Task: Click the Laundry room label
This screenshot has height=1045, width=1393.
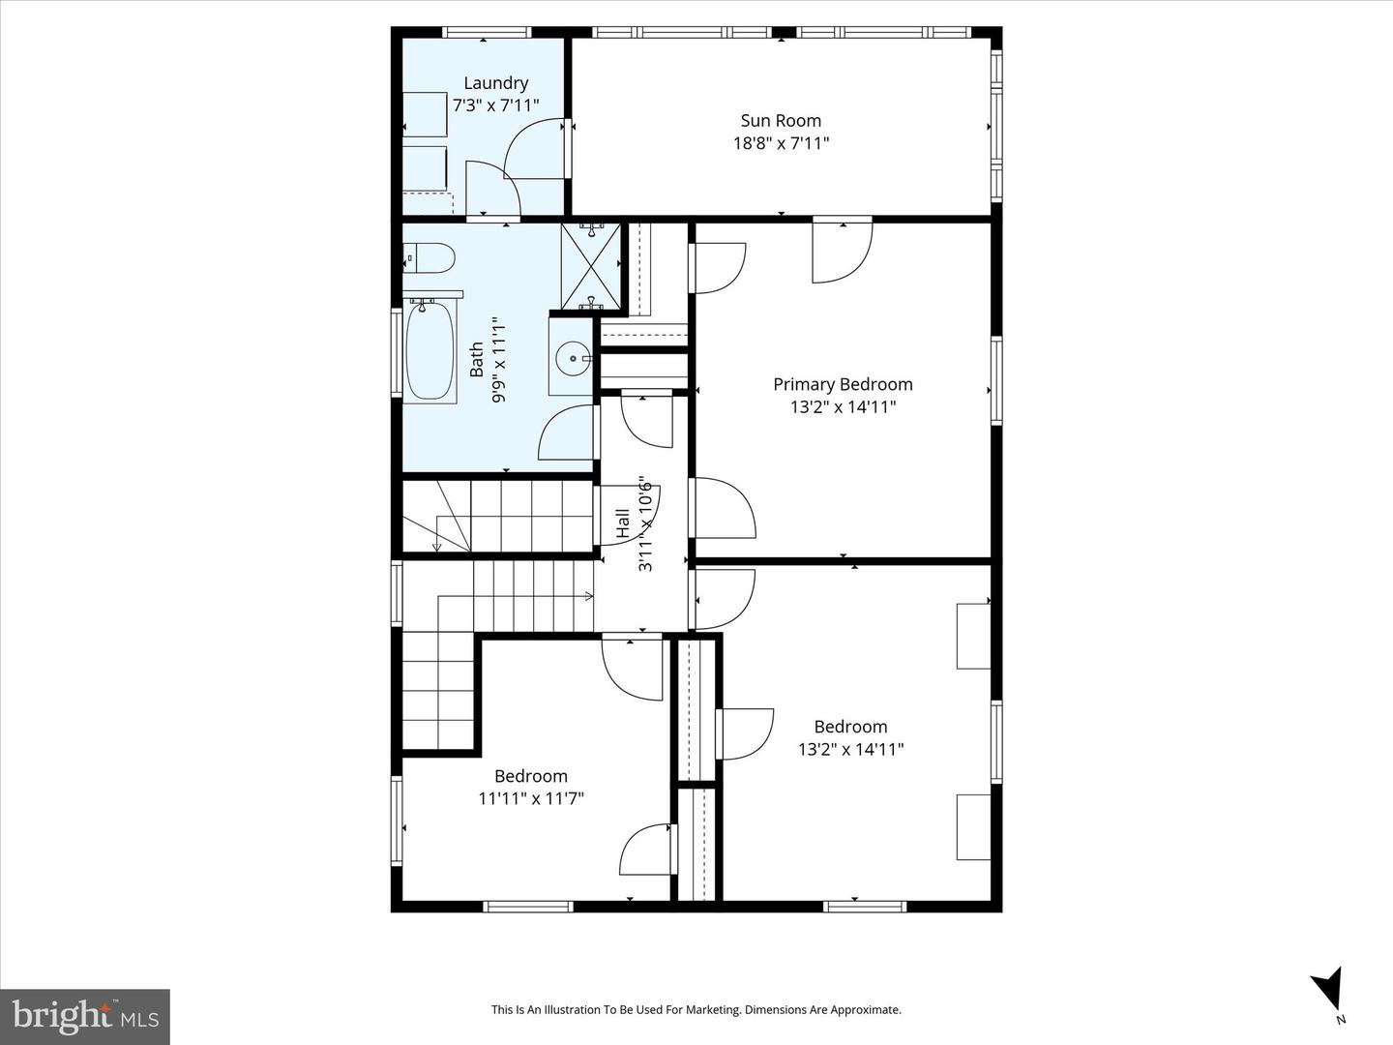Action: tap(495, 83)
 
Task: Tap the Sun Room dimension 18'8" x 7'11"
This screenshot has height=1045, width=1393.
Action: tap(781, 144)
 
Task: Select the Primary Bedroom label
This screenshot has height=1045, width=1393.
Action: tap(843, 384)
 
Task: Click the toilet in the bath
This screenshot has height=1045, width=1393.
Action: tap(430, 258)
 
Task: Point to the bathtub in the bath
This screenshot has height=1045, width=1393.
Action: tap(430, 351)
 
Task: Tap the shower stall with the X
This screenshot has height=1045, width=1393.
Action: tap(590, 266)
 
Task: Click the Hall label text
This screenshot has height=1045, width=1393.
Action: tap(623, 524)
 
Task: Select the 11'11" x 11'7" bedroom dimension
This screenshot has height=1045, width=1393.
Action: tap(531, 798)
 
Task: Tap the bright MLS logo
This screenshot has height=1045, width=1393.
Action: tap(85, 1016)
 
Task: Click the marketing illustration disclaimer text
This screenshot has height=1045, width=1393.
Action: tap(696, 1010)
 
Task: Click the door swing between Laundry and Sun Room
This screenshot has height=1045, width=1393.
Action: tap(535, 150)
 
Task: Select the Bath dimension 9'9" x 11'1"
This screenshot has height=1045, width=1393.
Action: tap(499, 360)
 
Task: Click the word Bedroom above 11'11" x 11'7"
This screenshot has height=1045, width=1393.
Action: tap(531, 776)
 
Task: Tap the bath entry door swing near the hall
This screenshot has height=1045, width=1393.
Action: tap(567, 433)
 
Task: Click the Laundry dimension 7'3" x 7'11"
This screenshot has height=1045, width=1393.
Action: tap(495, 105)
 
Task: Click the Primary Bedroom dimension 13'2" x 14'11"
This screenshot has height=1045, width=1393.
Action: tap(843, 407)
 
